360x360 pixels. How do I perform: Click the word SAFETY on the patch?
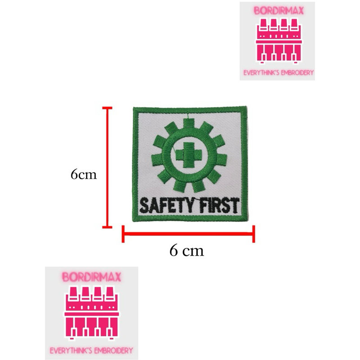pos(164,206)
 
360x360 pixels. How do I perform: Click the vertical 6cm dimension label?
pos(84,174)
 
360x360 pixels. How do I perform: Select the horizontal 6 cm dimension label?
pos(187,250)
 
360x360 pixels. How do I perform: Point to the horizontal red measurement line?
pos(189,234)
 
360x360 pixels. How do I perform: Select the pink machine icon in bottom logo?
pos(92,310)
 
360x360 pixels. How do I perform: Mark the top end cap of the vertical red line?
pos(107,108)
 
